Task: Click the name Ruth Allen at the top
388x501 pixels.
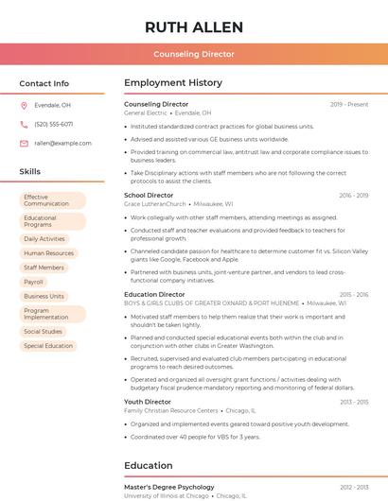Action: pyautogui.click(x=194, y=26)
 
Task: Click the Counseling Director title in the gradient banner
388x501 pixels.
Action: pyautogui.click(x=194, y=54)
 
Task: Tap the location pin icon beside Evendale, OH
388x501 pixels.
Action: pyautogui.click(x=24, y=105)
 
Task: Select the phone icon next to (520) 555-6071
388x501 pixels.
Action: pyautogui.click(x=24, y=124)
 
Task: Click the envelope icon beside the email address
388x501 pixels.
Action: pyautogui.click(x=24, y=143)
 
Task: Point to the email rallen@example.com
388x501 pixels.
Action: pyautogui.click(x=62, y=143)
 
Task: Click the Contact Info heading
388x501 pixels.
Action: pyautogui.click(x=44, y=83)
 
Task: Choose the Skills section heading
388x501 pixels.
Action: pyautogui.click(x=30, y=171)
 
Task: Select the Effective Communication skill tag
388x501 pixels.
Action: pyautogui.click(x=52, y=200)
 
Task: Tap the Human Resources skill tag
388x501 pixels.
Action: pyautogui.click(x=48, y=253)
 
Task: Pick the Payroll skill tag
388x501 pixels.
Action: pyautogui.click(x=34, y=282)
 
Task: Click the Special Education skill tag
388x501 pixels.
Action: pyautogui.click(x=48, y=346)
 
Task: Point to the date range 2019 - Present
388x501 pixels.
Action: pyautogui.click(x=349, y=104)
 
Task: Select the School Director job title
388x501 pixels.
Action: pyautogui.click(x=149, y=196)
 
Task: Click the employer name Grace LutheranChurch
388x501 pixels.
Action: pyautogui.click(x=155, y=204)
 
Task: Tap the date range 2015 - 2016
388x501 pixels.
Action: pyautogui.click(x=354, y=295)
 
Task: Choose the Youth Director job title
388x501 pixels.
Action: pyautogui.click(x=148, y=402)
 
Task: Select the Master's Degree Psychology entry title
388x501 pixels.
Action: pyautogui.click(x=169, y=487)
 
